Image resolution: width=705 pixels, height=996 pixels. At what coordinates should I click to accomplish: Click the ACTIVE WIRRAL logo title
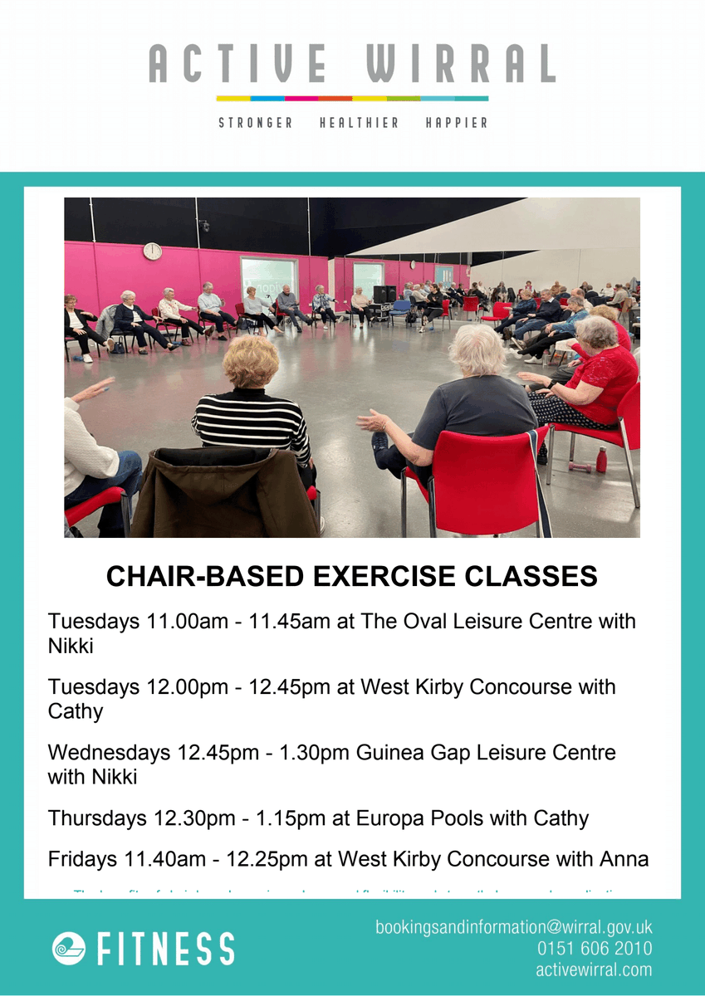352,64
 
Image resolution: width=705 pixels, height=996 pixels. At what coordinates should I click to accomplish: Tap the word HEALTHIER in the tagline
359,123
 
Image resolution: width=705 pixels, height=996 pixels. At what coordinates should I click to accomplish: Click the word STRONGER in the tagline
256,123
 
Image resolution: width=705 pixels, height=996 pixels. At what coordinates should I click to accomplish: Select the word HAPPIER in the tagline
456,123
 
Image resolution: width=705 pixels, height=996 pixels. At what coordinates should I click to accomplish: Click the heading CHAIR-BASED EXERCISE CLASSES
352,577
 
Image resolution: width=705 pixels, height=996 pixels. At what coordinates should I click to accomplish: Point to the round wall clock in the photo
152,251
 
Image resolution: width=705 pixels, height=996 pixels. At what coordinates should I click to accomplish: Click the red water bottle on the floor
601,459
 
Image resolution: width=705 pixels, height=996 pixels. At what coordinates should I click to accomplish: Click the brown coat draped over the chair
224,494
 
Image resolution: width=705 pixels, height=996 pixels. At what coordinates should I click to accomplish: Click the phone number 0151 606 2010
594,949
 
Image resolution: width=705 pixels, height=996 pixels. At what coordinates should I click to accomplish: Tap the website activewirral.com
594,969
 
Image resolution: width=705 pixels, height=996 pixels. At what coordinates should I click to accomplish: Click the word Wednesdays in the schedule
109,753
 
